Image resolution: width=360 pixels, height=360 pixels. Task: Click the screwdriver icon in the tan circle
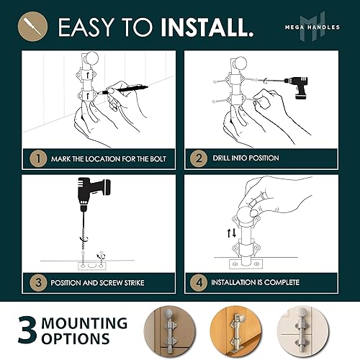pyautogui.click(x=33, y=27)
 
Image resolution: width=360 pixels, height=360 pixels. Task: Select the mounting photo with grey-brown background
pyautogui.click(x=171, y=330)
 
